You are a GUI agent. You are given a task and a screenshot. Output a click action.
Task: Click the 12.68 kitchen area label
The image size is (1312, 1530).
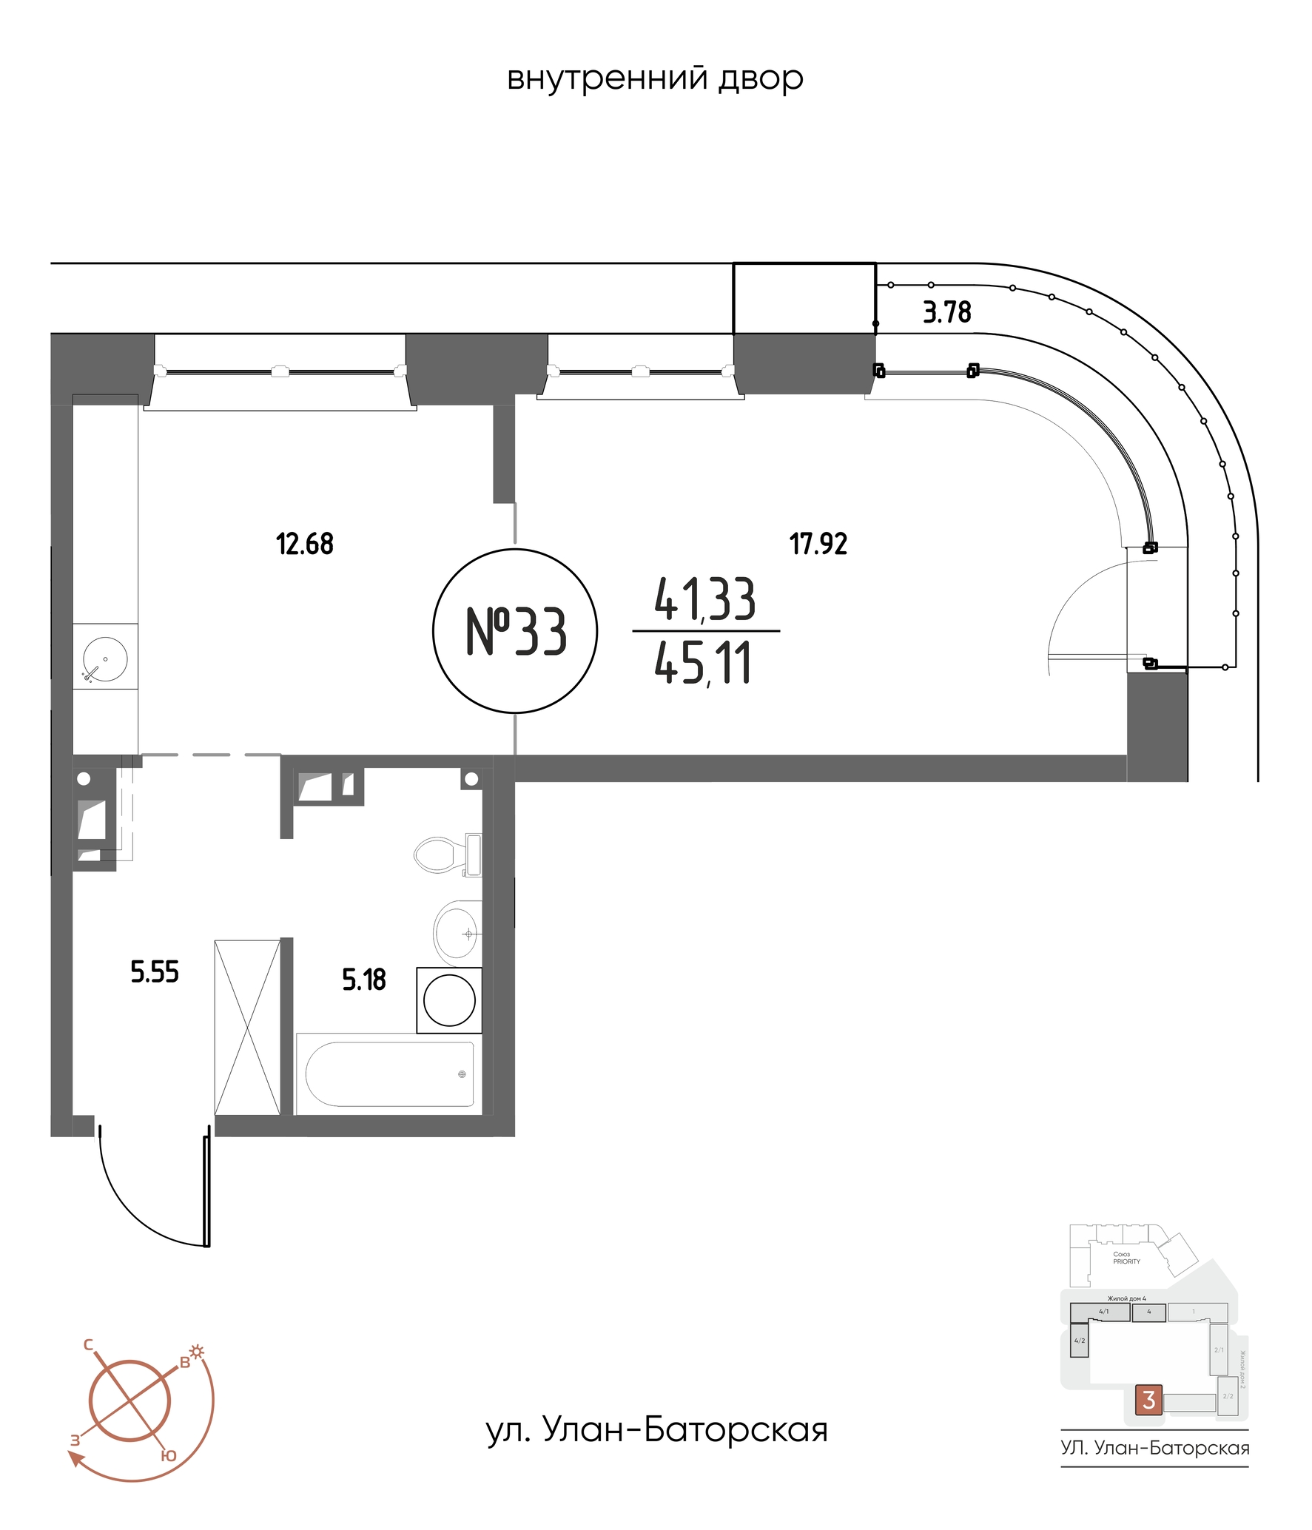[304, 545]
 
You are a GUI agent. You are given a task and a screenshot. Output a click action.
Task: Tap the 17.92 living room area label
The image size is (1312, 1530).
[818, 545]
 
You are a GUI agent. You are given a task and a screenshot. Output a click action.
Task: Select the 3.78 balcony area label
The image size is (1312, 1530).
[946, 312]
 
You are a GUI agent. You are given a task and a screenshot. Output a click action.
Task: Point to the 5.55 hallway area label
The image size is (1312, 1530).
[155, 972]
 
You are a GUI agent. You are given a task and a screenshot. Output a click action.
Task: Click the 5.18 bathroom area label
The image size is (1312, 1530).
[363, 980]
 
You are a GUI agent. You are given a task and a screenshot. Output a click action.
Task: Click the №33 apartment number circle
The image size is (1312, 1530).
[515, 631]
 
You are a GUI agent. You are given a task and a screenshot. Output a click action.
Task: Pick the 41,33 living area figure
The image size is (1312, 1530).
[704, 599]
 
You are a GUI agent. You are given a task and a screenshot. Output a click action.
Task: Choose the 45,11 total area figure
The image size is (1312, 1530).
[703, 664]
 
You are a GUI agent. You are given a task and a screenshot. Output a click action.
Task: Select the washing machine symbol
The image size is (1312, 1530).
[449, 1000]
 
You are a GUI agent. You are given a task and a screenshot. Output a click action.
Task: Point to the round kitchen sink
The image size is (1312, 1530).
[105, 658]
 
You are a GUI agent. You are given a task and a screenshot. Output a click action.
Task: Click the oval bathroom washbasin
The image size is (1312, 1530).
[456, 933]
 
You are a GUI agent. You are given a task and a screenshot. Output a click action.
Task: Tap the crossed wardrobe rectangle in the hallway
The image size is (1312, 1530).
[247, 1027]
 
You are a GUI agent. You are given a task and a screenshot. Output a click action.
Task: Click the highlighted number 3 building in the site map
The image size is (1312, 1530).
[1148, 1400]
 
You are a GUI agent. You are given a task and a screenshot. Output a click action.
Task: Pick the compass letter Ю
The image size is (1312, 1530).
[169, 1455]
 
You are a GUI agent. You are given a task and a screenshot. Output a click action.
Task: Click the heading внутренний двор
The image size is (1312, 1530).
[655, 78]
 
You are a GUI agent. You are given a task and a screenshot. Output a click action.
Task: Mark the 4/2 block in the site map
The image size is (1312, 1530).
[1080, 1341]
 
